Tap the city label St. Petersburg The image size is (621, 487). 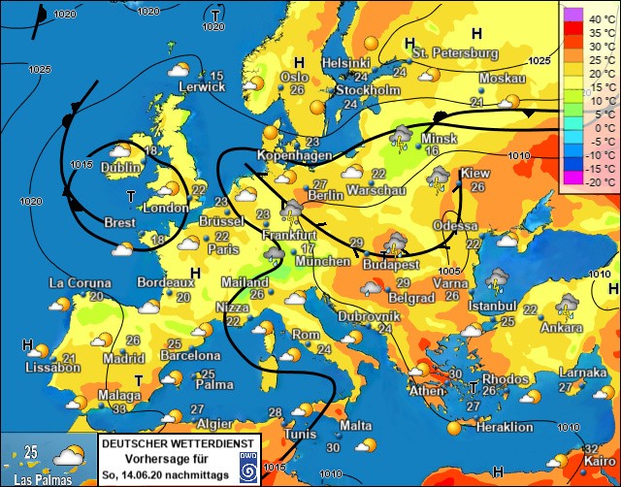tap(455, 51)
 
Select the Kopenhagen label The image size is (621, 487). tap(289, 155)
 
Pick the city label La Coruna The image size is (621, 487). tap(81, 283)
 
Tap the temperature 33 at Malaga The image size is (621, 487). tap(119, 409)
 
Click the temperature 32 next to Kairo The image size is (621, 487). tap(592, 448)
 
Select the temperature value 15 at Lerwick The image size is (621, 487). tap(217, 77)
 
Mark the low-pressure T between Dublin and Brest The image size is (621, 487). tap(132, 197)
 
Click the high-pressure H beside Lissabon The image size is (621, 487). tap(28, 345)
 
